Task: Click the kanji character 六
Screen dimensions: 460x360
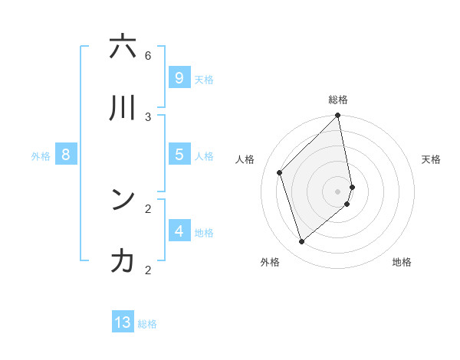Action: coord(123,47)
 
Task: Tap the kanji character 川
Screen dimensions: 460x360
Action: coord(123,109)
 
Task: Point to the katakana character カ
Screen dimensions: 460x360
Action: coord(123,261)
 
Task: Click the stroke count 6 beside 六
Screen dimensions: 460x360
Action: coord(148,56)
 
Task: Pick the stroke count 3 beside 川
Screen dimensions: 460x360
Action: coord(148,116)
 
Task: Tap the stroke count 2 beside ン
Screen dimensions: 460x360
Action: coord(148,208)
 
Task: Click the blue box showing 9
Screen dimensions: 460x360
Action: coord(179,77)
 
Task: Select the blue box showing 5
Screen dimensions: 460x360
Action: coord(179,154)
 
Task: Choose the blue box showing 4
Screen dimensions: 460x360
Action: coord(179,231)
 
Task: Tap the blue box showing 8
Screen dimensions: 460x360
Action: coord(66,155)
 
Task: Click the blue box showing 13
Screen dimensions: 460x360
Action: coord(123,322)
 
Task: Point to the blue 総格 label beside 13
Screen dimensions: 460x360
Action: coord(147,324)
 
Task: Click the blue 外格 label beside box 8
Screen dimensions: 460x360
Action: coord(41,156)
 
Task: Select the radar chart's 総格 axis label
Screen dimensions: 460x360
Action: coord(338,100)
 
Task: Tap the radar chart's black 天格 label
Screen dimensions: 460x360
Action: coord(431,159)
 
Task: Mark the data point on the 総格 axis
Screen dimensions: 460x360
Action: coord(338,116)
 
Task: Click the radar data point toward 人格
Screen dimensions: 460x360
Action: coord(280,172)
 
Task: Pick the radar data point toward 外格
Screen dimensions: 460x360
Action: coord(301,242)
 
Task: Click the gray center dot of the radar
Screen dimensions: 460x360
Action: coord(338,191)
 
